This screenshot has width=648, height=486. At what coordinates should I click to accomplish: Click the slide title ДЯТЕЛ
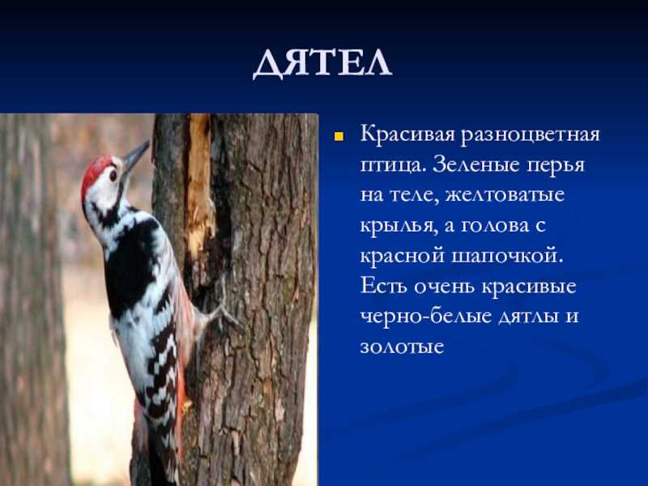(x=322, y=64)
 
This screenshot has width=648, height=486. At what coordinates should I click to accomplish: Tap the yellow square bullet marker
(x=339, y=137)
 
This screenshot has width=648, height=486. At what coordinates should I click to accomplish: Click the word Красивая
(x=407, y=134)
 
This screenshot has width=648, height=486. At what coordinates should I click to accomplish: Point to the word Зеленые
(x=477, y=164)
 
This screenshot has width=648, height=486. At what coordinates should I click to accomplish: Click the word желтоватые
(x=505, y=195)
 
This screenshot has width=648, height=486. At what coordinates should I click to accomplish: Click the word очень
(x=444, y=287)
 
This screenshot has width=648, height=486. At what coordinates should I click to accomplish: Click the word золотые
(x=402, y=347)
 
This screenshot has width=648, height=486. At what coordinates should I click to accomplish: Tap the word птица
(x=393, y=166)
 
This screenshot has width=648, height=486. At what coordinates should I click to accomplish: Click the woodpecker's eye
(x=113, y=176)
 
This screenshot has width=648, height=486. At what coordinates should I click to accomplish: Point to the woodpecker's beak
(x=136, y=156)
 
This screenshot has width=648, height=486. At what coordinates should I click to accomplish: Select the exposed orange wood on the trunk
(x=199, y=181)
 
